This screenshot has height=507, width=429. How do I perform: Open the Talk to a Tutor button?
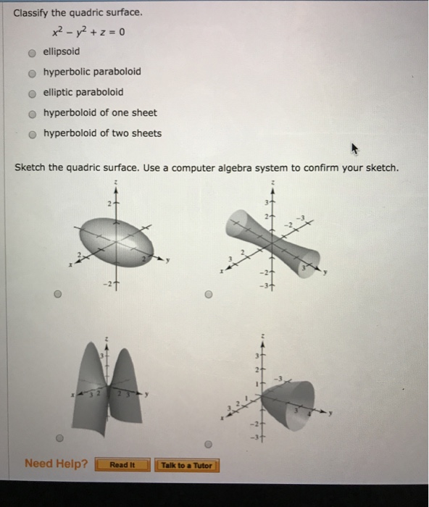pyautogui.click(x=187, y=465)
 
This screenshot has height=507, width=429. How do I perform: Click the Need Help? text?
pyautogui.click(x=56, y=464)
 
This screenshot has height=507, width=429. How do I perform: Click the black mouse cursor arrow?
pyautogui.click(x=354, y=149)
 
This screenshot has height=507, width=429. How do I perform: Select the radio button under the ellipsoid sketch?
pyautogui.click(x=58, y=296)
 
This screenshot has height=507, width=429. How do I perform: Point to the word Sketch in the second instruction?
pyautogui.click(x=30, y=168)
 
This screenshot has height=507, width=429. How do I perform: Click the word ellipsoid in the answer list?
pyautogui.click(x=62, y=52)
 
